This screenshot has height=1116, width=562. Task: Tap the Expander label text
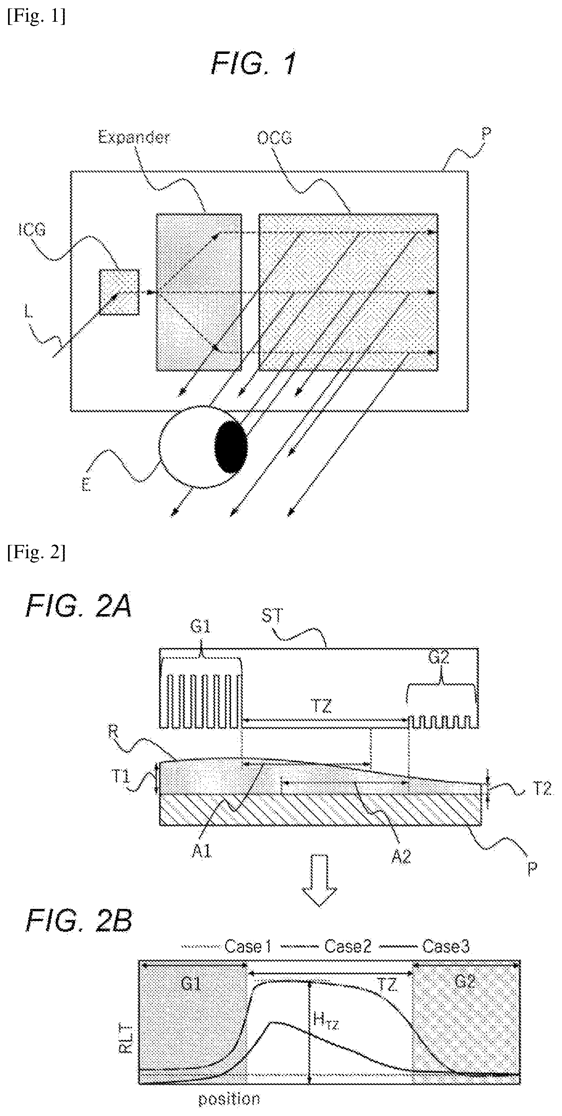point(134,137)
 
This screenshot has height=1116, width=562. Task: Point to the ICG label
point(32,229)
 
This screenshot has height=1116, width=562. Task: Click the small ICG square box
point(119,292)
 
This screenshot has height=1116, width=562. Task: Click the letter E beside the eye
point(86,486)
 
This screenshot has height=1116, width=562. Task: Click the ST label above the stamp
point(272,616)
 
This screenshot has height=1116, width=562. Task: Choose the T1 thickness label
point(121,776)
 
